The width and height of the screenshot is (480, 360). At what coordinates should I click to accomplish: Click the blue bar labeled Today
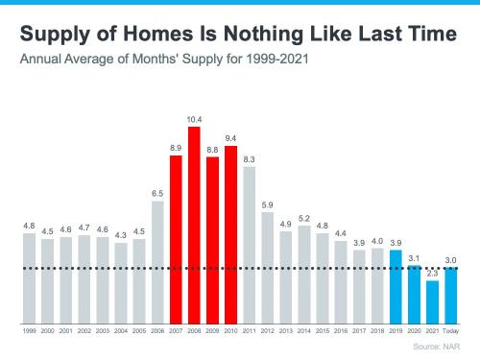[x=450, y=295]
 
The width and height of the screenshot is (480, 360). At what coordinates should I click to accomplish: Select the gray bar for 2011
[x=249, y=244]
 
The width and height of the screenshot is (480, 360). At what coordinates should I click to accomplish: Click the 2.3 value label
[x=432, y=273]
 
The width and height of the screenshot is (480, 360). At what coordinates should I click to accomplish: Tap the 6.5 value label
[x=157, y=193]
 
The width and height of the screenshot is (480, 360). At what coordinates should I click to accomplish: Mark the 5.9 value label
[x=267, y=204]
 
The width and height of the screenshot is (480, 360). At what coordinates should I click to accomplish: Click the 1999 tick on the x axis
[x=29, y=329]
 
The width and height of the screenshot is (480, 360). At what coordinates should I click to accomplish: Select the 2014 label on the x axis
[x=303, y=329]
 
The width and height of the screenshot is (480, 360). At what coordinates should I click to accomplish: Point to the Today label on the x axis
[x=450, y=329]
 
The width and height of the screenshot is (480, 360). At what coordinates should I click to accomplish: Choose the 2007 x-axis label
[x=176, y=329]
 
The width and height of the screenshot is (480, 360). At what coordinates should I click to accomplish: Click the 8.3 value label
[x=249, y=159]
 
